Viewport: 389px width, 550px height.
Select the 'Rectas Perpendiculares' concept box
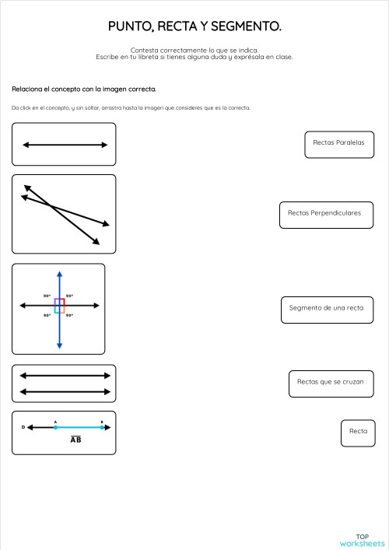[324, 213]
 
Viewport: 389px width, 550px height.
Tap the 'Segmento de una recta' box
[326, 308]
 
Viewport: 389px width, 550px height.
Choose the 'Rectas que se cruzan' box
[331, 383]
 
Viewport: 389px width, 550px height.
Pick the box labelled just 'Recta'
[358, 432]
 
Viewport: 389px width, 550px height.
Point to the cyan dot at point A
[55, 427]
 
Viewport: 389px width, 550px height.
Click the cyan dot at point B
[102, 427]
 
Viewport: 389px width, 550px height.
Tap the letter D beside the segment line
[23, 427]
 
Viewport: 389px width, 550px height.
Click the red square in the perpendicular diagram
[61, 302]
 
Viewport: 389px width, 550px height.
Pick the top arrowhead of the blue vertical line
[59, 274]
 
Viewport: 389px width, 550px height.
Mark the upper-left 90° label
[47, 296]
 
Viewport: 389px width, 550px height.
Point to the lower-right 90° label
[70, 315]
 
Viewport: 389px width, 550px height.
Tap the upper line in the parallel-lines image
[64, 375]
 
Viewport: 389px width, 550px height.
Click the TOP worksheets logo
[362, 540]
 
